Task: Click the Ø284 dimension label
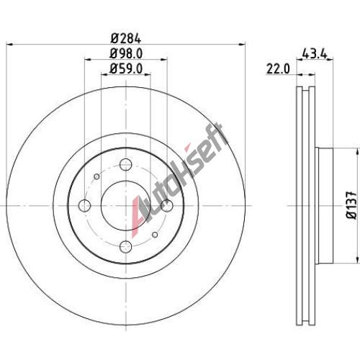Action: click(x=126, y=38)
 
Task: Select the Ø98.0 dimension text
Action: click(x=126, y=53)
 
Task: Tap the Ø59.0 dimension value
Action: click(x=126, y=68)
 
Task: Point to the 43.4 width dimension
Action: click(x=315, y=53)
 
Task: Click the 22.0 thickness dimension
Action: click(x=278, y=69)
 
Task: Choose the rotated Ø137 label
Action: click(x=351, y=204)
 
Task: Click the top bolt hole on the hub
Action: click(x=126, y=165)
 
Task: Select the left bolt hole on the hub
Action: click(x=85, y=206)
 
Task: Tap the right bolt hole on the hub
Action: click(x=167, y=206)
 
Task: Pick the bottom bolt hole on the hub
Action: click(x=126, y=247)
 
